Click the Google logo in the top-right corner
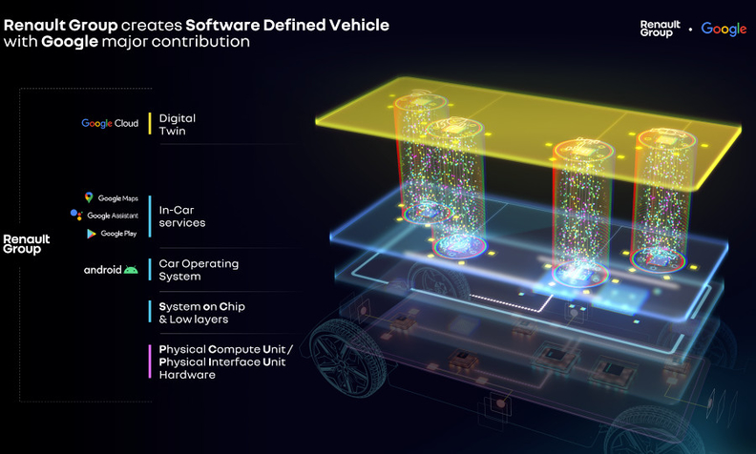724,29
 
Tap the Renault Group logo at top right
660,29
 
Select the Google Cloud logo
110,123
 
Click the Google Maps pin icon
89,197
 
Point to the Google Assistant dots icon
76,215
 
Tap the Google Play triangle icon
91,234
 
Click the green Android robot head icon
131,270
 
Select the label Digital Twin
178,124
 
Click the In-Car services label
182,217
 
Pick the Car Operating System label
199,270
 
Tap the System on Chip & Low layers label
202,313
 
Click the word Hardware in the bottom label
187,375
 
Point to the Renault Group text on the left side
27,244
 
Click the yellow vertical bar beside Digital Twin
150,124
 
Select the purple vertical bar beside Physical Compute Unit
150,361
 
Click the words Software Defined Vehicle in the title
287,25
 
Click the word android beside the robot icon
103,270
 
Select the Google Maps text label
118,198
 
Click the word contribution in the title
200,41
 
